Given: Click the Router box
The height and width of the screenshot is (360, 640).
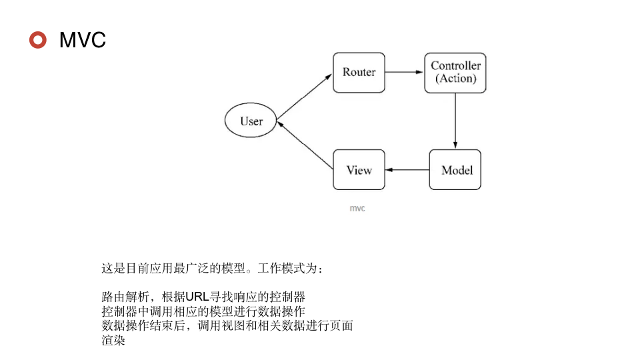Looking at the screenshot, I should click(359, 72).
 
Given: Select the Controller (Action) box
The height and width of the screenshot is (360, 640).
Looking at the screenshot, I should click(455, 73).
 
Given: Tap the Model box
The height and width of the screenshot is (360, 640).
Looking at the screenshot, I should click(455, 170).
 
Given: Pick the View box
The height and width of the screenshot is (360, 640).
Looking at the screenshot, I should click(359, 170).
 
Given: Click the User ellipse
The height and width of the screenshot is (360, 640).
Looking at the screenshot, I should click(251, 121).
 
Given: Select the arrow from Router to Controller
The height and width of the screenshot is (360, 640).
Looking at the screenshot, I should click(405, 72).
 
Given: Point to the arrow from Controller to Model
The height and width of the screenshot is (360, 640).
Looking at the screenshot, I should click(455, 121).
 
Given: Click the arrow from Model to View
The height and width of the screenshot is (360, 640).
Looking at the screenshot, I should click(407, 170).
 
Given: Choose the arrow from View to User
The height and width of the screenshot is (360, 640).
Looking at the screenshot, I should click(305, 146).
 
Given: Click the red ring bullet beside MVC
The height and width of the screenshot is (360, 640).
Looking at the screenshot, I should click(38, 40).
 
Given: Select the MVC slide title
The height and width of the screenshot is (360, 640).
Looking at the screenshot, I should click(83, 40).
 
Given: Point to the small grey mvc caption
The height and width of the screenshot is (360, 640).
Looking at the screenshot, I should click(357, 209).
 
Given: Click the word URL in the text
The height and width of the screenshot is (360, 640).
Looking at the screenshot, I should click(197, 297).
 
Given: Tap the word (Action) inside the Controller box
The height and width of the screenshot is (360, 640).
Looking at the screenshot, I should click(456, 79).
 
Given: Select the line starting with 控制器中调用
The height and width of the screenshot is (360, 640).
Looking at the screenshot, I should click(203, 311).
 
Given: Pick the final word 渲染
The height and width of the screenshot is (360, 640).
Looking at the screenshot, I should click(113, 341).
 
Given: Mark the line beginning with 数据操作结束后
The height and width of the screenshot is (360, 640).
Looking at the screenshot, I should click(227, 326).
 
